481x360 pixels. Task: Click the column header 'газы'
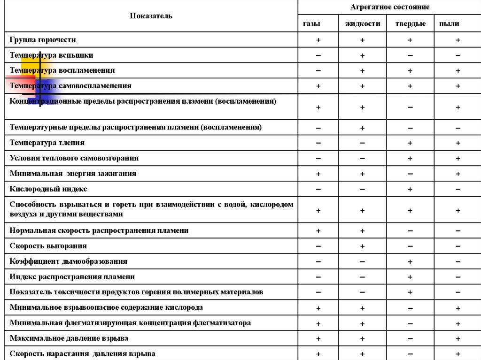[318, 23]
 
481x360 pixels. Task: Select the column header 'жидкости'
[363, 23]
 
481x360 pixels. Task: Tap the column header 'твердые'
[410, 23]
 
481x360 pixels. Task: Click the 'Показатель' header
[151, 16]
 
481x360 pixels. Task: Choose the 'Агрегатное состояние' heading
[389, 7]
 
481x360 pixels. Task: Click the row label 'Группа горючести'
[43, 40]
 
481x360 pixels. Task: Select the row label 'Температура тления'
[47, 143]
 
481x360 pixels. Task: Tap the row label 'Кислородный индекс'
[48, 189]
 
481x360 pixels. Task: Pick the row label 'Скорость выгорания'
[48, 246]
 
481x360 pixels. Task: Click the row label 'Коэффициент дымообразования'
[69, 261]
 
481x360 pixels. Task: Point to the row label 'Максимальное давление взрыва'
[69, 338]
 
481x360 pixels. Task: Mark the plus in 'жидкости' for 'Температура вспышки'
[363, 56]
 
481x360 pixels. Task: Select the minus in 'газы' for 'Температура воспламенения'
[318, 71]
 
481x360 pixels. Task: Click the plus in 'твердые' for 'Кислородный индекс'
[410, 190]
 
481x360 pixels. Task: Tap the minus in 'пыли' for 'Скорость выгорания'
[458, 246]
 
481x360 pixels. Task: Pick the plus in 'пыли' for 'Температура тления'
[458, 143]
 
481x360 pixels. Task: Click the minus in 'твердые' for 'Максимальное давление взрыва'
[410, 339]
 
